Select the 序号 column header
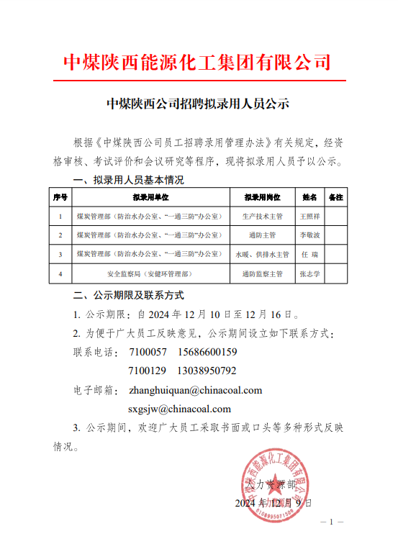[60, 196]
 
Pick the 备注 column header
[335, 196]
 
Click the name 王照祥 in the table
[309, 216]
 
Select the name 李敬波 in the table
[309, 235]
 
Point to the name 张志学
[309, 274]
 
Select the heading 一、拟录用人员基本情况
[129, 179]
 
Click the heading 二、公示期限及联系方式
[129, 295]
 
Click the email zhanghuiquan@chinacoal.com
[195, 390]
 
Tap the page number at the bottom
[330, 522]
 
